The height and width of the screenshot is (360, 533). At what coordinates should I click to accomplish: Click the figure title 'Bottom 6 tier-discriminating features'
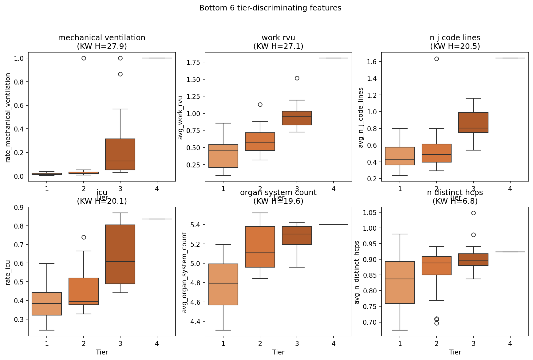click(270, 8)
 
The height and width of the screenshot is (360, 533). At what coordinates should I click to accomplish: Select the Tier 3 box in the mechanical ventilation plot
click(120, 154)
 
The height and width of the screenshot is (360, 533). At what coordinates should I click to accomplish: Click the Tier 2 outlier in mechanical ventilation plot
click(84, 58)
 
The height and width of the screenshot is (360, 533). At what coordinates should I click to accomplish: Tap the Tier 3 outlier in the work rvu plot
click(297, 78)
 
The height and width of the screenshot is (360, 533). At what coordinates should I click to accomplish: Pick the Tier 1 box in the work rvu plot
click(223, 156)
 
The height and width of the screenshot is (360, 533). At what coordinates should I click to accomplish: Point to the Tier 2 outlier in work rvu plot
click(260, 104)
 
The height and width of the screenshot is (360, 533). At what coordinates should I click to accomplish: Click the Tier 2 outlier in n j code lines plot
click(436, 59)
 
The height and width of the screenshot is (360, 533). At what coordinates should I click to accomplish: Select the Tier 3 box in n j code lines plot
click(473, 122)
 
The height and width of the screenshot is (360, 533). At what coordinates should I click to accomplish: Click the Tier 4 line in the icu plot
click(157, 219)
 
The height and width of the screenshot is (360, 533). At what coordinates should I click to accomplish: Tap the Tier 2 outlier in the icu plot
click(84, 237)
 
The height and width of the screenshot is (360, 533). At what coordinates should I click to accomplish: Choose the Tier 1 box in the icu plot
click(47, 304)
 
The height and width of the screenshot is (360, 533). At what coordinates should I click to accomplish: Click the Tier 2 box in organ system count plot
click(260, 247)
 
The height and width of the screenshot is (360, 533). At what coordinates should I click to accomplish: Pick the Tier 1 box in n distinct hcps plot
click(400, 282)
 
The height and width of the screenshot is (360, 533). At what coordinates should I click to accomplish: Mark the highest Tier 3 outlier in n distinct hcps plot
click(473, 213)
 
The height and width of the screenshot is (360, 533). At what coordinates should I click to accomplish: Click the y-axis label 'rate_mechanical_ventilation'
click(8, 117)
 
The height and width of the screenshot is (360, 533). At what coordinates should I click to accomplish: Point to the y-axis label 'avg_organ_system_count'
click(184, 272)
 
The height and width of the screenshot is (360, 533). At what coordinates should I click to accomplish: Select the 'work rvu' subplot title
click(278, 38)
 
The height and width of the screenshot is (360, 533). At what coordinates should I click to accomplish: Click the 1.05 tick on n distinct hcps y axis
click(370, 212)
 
